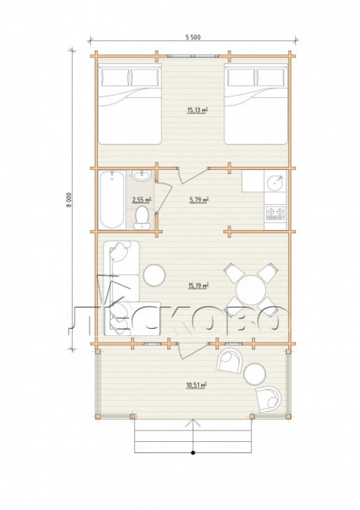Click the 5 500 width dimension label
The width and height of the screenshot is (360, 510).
click(193, 37)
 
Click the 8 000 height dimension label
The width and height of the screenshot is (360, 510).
click(68, 200)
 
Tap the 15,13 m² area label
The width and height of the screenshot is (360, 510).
click(197, 110)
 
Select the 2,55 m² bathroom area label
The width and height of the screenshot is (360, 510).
click(142, 200)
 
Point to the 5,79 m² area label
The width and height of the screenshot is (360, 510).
click(199, 200)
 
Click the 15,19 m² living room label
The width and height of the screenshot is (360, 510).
click(198, 286)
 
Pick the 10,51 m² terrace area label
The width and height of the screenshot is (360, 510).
click(197, 385)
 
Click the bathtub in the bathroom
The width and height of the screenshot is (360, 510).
click(112, 200)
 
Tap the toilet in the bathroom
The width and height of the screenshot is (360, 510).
click(142, 217)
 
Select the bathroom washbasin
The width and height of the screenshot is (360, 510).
click(142, 175)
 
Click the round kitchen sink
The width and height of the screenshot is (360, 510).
click(275, 183)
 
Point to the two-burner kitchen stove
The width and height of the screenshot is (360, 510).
click(275, 213)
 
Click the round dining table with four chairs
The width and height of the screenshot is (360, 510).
click(251, 290)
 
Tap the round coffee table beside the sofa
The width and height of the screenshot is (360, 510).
click(155, 275)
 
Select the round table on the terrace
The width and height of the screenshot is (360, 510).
click(255, 374)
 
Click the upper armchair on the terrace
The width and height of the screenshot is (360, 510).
click(229, 361)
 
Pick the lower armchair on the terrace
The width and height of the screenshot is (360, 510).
click(269, 399)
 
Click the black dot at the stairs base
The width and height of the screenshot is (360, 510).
click(193, 453)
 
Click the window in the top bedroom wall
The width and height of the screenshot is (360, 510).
click(193, 56)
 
